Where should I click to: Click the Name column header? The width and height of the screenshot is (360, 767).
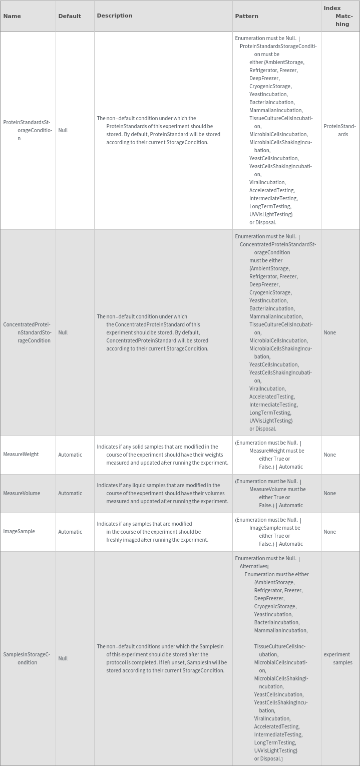pyautogui.click(x=12, y=16)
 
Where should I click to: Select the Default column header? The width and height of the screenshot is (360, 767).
pyautogui.click(x=70, y=16)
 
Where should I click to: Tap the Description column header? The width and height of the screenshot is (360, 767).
pyautogui.click(x=115, y=16)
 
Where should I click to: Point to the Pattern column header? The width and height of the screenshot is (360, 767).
pyautogui.click(x=246, y=16)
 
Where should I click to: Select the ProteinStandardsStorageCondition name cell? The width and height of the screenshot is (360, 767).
pyautogui.click(x=27, y=130)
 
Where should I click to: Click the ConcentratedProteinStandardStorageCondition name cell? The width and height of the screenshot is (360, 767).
pyautogui.click(x=27, y=332)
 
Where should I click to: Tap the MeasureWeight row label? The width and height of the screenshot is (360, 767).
pyautogui.click(x=21, y=455)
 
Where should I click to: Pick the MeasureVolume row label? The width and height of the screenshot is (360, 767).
pyautogui.click(x=22, y=493)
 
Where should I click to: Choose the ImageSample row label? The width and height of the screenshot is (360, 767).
pyautogui.click(x=19, y=532)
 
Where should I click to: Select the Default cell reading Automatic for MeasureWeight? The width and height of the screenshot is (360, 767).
pyautogui.click(x=70, y=455)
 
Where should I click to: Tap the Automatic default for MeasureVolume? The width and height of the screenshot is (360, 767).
pyautogui.click(x=70, y=493)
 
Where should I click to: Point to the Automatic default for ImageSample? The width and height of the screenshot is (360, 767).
pyautogui.click(x=70, y=532)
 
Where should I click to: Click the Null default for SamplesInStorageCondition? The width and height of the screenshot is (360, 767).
pyautogui.click(x=63, y=658)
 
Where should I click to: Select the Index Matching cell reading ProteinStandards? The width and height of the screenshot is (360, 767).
pyautogui.click(x=339, y=130)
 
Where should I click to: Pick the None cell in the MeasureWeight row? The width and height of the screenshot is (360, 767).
pyautogui.click(x=329, y=455)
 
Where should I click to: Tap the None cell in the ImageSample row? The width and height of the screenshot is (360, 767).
pyautogui.click(x=329, y=532)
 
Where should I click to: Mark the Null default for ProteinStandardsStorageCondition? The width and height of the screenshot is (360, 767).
pyautogui.click(x=63, y=130)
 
